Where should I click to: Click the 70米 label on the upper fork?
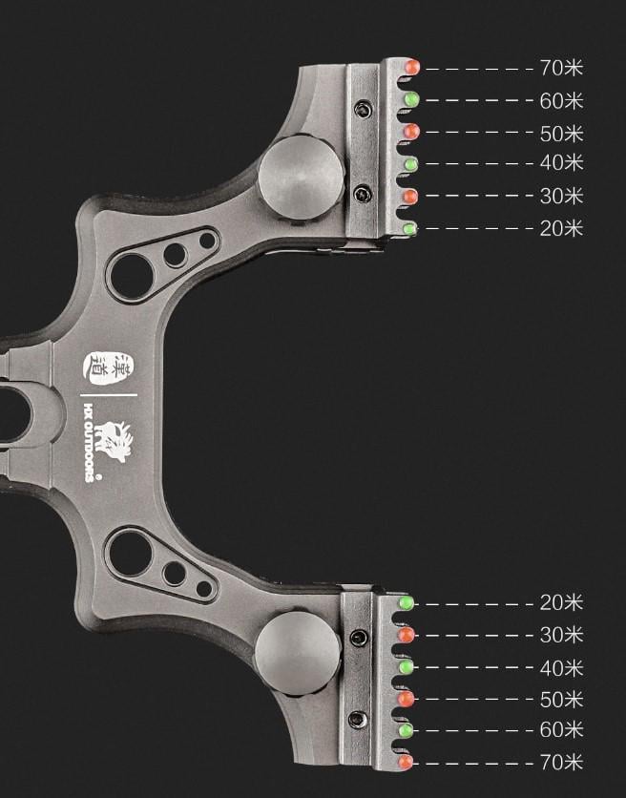click(561, 68)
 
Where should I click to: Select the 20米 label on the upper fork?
click(561, 228)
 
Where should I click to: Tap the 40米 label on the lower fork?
click(561, 667)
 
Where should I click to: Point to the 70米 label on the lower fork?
click(561, 763)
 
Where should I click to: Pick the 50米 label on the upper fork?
click(561, 133)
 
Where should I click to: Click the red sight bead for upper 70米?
click(412, 68)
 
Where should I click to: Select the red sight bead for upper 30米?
click(410, 197)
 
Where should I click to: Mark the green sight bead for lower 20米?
click(407, 603)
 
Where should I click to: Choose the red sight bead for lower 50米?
click(406, 700)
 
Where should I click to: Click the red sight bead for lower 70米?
click(406, 763)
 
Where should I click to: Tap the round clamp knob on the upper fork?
click(302, 178)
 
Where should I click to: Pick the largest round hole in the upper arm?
click(131, 272)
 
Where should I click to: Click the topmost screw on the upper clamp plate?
click(363, 109)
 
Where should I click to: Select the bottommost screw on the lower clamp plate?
click(358, 719)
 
